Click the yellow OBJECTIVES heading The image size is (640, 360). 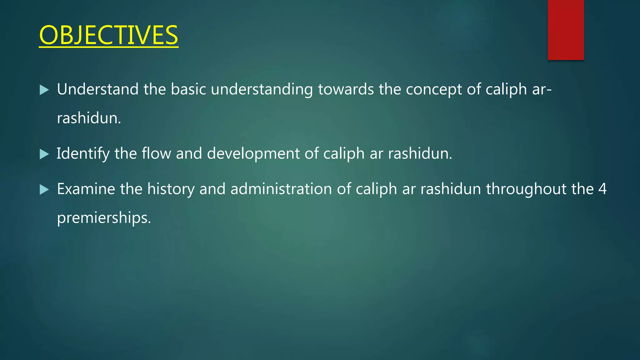tap(108, 35)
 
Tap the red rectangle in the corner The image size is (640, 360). tap(566, 30)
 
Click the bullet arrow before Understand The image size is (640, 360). tap(44, 90)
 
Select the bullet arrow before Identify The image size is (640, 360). tap(44, 154)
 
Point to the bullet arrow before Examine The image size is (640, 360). tap(44, 189)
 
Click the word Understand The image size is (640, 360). tap(98, 89)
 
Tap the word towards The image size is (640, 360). tap(346, 89)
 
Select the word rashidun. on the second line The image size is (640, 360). tap(89, 118)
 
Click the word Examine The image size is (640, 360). tap(86, 189)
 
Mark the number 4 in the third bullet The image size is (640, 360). tap(602, 189)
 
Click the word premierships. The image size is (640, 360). tap(104, 218)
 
